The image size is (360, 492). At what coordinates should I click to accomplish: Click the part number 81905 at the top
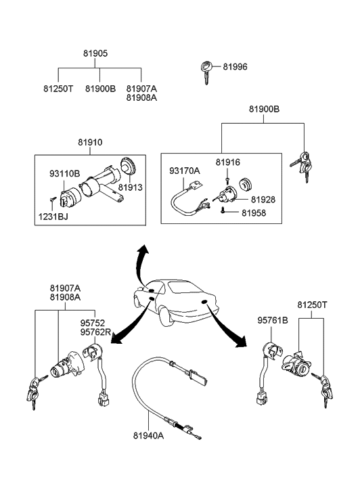(95, 53)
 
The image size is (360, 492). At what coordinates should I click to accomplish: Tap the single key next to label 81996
(206, 72)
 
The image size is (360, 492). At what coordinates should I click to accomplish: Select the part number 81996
(235, 67)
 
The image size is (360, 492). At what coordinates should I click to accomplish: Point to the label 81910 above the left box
(90, 142)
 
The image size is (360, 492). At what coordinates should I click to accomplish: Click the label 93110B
(65, 173)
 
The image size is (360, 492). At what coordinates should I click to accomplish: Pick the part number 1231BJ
(53, 217)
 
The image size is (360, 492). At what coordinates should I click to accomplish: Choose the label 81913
(130, 187)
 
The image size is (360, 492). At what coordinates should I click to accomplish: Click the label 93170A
(185, 171)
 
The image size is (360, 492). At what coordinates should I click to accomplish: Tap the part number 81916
(228, 162)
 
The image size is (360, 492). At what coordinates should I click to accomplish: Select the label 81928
(263, 200)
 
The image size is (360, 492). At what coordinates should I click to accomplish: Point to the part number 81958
(254, 213)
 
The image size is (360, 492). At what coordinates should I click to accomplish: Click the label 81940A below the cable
(148, 436)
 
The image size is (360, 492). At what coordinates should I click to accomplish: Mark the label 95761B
(273, 320)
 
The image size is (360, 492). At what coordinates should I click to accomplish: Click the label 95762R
(95, 332)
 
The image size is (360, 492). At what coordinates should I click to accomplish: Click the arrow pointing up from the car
(140, 263)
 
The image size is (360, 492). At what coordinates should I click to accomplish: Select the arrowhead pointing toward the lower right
(242, 342)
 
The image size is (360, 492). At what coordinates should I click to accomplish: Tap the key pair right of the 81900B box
(302, 164)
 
